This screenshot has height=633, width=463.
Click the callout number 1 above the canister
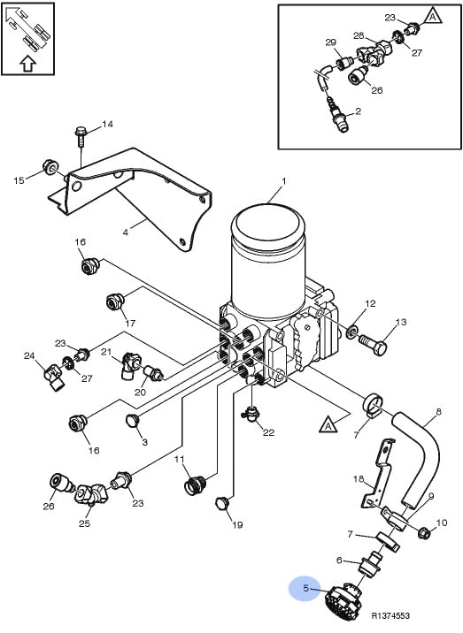pos(284,181)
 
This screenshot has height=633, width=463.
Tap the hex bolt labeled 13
pos(373,343)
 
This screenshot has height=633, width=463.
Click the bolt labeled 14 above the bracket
pos(81,136)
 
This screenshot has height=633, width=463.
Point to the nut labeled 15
pos(50,167)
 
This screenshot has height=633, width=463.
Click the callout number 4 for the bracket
pos(126,233)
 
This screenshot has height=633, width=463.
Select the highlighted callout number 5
pos(306,589)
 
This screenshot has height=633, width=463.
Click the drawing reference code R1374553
pos(390,615)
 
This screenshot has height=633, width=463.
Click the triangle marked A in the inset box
pos(432,17)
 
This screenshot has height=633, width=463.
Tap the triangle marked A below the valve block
pos(328,425)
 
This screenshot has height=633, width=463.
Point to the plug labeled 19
pos(220,502)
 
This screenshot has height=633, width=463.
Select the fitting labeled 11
pos(196,484)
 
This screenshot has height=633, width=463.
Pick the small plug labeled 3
pos(133,420)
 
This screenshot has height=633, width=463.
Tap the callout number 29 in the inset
pos(331,42)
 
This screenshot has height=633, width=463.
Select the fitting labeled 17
pos(114,301)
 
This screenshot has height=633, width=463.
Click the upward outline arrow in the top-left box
pos(28,63)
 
